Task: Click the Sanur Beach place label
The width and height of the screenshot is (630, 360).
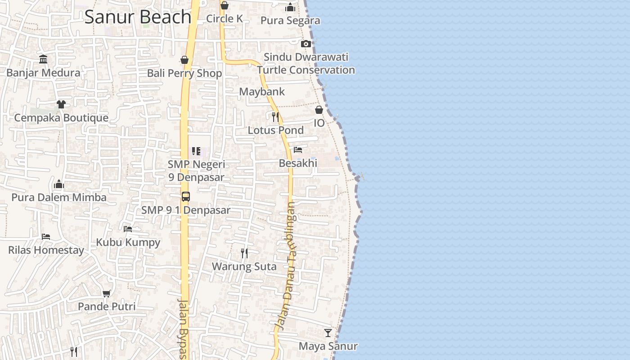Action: click(x=138, y=17)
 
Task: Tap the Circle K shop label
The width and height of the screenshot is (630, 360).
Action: click(x=224, y=18)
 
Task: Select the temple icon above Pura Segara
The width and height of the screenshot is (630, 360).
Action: click(x=290, y=7)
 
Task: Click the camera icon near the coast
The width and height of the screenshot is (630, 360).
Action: click(x=306, y=44)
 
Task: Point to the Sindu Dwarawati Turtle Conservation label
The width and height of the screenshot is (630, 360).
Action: click(x=306, y=63)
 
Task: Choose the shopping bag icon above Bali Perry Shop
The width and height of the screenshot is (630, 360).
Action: click(x=184, y=60)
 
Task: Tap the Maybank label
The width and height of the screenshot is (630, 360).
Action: click(x=262, y=92)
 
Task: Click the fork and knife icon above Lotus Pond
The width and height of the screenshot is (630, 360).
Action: click(x=275, y=117)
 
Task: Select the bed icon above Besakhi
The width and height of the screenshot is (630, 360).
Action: click(x=298, y=150)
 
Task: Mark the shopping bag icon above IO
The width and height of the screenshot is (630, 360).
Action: click(x=319, y=110)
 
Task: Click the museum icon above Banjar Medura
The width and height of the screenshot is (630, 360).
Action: click(x=43, y=59)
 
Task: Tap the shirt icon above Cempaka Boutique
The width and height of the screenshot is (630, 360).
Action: click(x=61, y=104)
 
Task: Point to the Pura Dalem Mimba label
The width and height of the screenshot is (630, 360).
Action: click(x=59, y=198)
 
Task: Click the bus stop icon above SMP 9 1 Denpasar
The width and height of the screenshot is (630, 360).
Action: click(x=185, y=197)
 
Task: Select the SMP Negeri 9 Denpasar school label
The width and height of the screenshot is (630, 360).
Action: click(x=196, y=171)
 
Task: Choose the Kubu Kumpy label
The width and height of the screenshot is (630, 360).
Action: click(x=128, y=243)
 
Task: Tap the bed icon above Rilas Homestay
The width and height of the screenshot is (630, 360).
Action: click(x=46, y=237)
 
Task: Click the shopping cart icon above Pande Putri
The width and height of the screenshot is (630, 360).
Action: click(x=107, y=294)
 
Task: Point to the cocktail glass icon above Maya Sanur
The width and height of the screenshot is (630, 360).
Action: click(x=328, y=333)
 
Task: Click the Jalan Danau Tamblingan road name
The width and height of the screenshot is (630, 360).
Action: click(x=287, y=265)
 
